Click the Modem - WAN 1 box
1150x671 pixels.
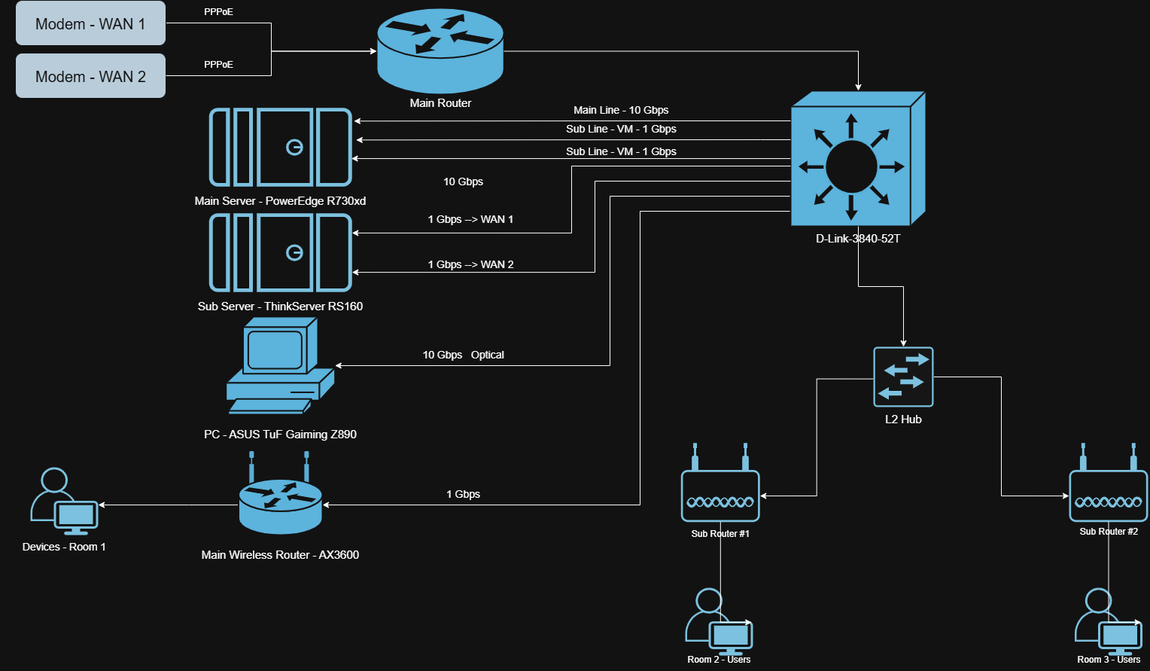click(x=90, y=23)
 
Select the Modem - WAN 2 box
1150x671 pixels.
click(x=90, y=76)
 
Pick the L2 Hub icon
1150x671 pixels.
click(x=903, y=377)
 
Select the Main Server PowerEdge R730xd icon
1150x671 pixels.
click(x=280, y=147)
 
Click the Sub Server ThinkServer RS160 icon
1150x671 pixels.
click(x=280, y=252)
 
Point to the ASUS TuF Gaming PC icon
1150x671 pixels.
click(x=279, y=366)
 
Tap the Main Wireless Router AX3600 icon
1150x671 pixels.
click(x=280, y=501)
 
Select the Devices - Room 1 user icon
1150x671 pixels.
click(x=63, y=502)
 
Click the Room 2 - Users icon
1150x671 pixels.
click(x=718, y=621)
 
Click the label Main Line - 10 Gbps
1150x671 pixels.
click(x=621, y=110)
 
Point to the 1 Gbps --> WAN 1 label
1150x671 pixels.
click(x=470, y=219)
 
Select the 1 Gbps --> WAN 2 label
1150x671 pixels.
click(x=470, y=264)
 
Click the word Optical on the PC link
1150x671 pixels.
click(x=487, y=355)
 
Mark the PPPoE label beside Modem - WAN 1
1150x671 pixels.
click(x=218, y=12)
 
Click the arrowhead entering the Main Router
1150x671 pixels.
click(x=373, y=51)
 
